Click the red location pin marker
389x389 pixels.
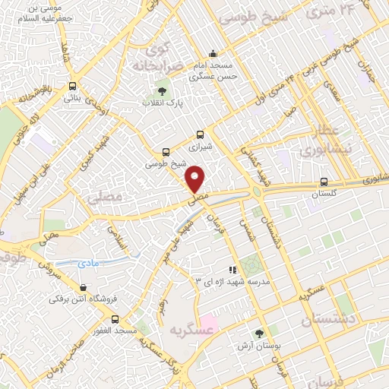coord(196,179)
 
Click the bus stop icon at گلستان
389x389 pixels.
coord(324,182)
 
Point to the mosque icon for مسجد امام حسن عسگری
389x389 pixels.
coord(213,53)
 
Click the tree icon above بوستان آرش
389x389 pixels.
coord(260,332)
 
